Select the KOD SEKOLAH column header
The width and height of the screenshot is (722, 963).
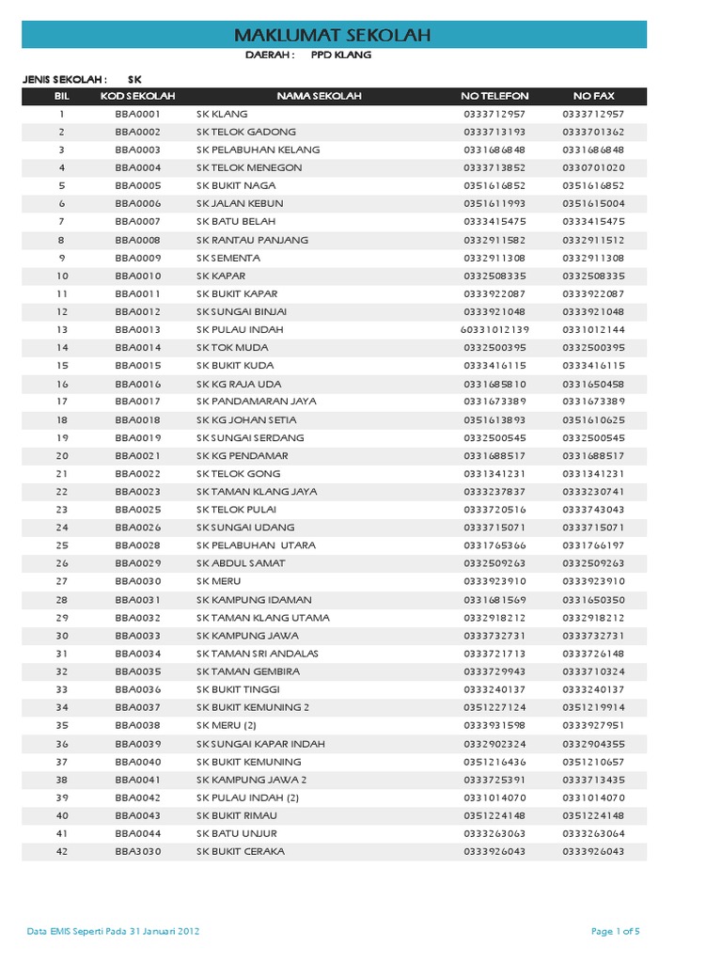pos(137,96)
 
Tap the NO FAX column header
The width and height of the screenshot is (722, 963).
pos(593,96)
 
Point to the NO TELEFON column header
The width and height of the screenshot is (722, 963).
pos(494,96)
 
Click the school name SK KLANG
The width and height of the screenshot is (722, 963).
pos(222,114)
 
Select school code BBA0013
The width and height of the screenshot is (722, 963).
pos(137,330)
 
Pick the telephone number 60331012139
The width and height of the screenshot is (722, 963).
pos(494,330)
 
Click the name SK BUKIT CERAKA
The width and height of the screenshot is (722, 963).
pos(241,852)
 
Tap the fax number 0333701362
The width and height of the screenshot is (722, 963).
pos(593,132)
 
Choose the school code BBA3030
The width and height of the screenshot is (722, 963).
pos(137,852)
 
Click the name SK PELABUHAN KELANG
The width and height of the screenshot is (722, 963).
pos(258,150)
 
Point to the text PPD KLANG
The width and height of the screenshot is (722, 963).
pos(340,55)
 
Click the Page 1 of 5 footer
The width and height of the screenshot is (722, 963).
pos(616,932)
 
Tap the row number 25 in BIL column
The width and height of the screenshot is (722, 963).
pos(62,545)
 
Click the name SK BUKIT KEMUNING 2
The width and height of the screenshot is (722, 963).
pos(253,707)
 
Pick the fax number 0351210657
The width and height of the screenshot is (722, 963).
pos(593,762)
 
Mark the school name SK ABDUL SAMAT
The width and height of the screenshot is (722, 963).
pos(241,563)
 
